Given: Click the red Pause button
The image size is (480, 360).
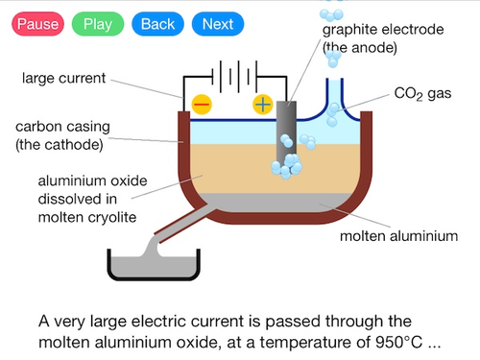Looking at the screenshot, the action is point(37,24).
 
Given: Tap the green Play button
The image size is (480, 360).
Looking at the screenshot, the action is point(98,24).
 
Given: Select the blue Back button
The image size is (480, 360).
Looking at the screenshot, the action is point(157,24).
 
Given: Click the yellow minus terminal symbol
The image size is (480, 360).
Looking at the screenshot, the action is point(202,105).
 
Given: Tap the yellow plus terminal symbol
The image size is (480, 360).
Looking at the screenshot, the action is point(263,105).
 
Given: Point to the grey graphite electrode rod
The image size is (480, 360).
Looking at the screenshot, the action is point(286,132).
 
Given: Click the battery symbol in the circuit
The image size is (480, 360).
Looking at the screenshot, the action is point(234,77).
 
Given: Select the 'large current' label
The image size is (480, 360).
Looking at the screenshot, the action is point(63,79).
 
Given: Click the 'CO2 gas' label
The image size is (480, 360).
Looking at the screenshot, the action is point(422,94).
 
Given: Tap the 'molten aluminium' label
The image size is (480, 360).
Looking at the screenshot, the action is point(398,236).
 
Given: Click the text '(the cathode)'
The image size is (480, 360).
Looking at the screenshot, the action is point(60,145).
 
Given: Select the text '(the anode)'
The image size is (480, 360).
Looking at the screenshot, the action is point(360,48).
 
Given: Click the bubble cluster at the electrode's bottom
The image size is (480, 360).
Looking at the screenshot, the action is point(287,166).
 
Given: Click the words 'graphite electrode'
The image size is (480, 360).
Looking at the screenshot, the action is point(383,30).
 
